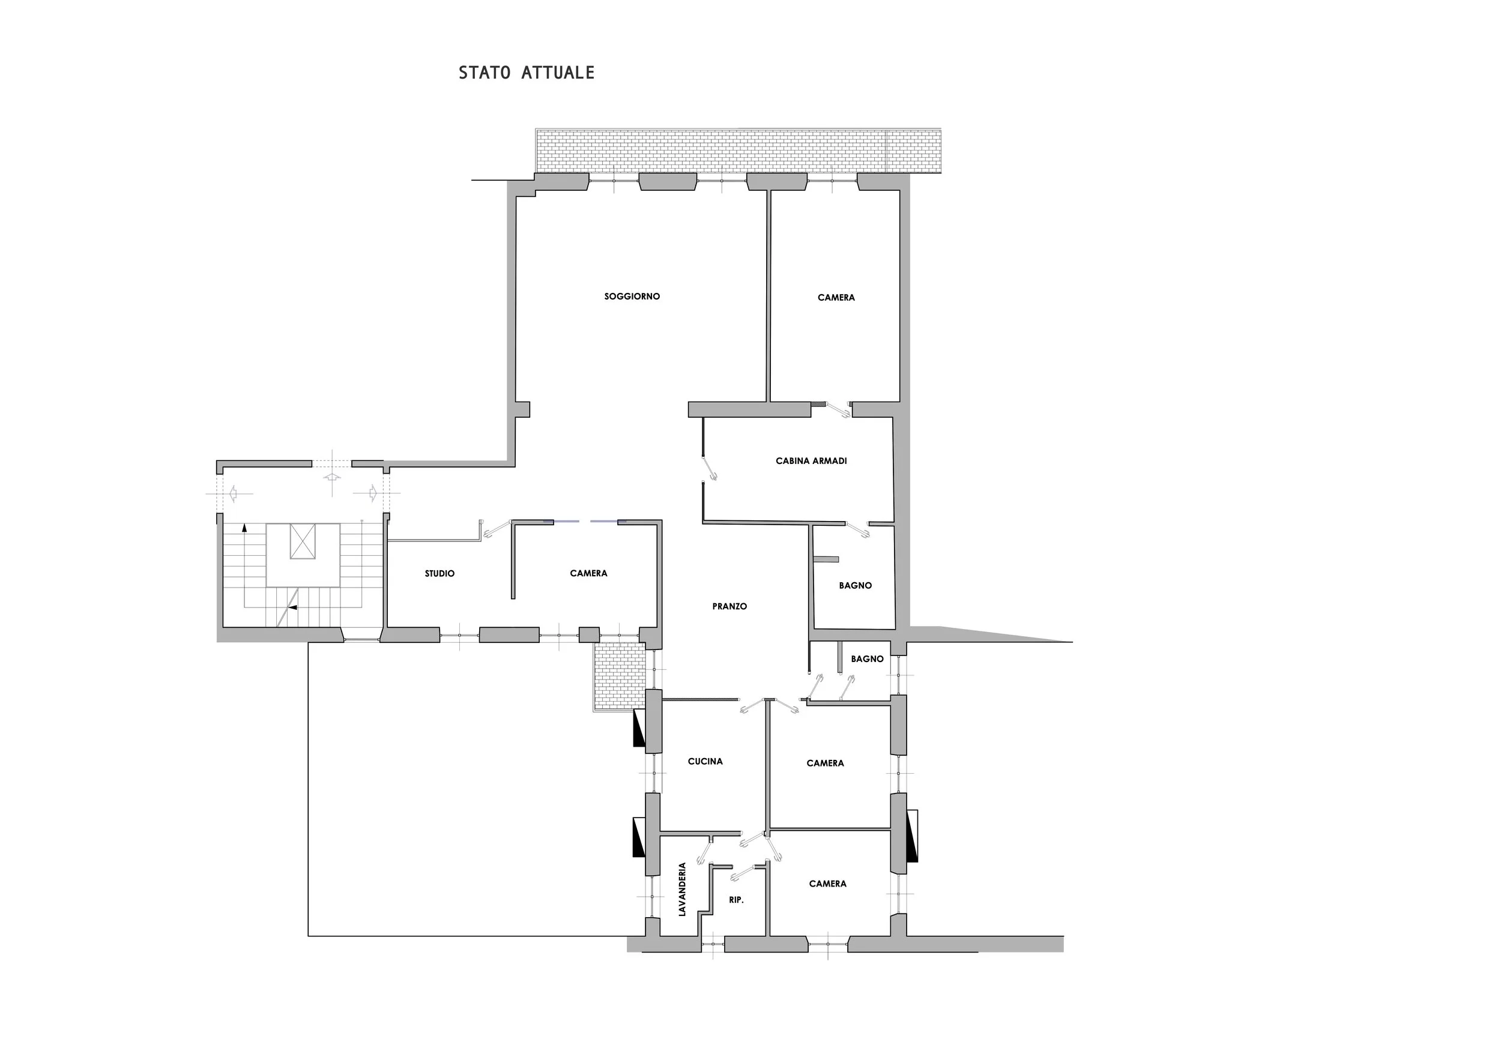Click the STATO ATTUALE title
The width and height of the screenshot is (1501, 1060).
527,73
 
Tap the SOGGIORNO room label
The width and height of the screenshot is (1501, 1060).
632,297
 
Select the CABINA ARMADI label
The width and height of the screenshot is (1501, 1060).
811,461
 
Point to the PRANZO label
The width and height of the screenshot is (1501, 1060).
729,606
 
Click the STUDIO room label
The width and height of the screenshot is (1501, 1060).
439,574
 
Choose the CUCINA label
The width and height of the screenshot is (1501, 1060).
705,761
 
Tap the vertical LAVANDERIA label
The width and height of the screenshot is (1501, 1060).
683,890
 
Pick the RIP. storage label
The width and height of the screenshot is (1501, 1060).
736,900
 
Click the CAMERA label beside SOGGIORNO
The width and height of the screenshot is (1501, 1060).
836,297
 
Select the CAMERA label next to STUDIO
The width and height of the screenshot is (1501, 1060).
588,573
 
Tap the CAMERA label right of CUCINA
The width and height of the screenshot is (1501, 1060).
825,763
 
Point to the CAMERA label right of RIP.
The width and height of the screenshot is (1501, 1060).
827,884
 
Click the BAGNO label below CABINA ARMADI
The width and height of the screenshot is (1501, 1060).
855,586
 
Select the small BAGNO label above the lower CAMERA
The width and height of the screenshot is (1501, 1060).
867,658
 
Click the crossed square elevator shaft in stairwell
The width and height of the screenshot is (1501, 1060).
303,541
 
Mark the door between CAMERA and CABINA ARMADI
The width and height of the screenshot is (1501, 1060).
838,410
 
